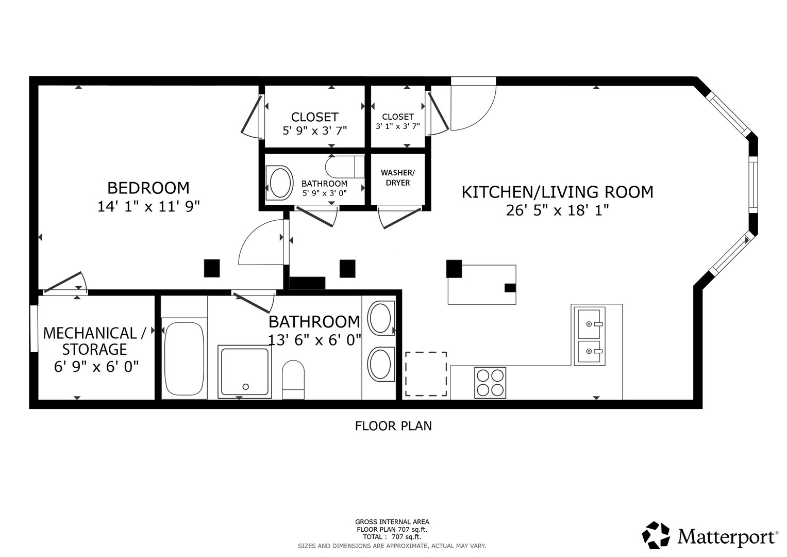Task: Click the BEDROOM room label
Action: [x=148, y=188]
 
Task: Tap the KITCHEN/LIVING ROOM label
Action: [x=557, y=192]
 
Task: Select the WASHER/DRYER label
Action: [x=398, y=177]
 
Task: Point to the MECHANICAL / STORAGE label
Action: [x=94, y=341]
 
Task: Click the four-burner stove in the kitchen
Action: [x=490, y=383]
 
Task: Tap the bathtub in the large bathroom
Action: [x=184, y=358]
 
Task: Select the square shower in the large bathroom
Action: [x=244, y=372]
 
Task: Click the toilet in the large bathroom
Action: [x=293, y=380]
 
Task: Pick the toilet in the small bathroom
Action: [x=345, y=167]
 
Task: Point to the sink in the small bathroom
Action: [x=279, y=183]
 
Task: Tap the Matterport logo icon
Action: [x=656, y=535]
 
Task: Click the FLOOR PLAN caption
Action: [x=393, y=426]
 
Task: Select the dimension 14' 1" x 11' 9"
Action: [x=148, y=206]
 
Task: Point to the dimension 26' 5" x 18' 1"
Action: [x=557, y=210]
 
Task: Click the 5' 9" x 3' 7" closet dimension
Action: [x=315, y=131]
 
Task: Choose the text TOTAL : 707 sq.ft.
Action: [x=392, y=537]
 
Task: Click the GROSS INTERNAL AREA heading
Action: [x=392, y=522]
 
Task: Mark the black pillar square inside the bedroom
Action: [x=212, y=268]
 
